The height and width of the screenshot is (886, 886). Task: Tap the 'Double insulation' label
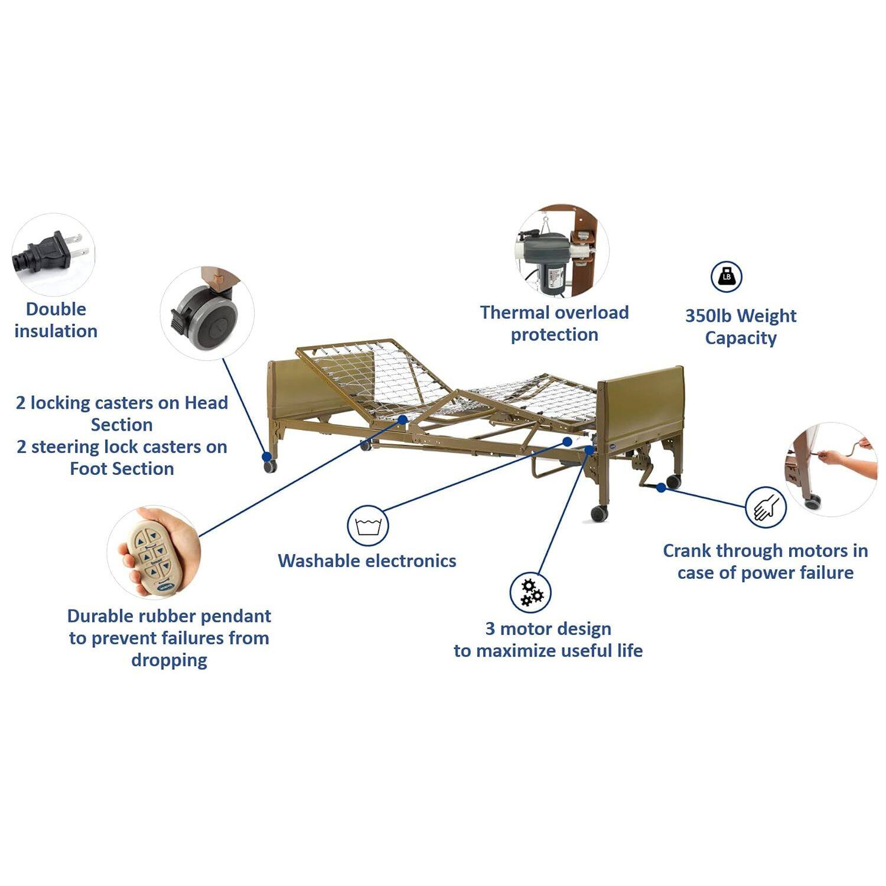[x=56, y=320]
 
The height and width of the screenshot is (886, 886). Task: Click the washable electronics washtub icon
[x=367, y=525]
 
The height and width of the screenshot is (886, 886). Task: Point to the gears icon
[x=530, y=592]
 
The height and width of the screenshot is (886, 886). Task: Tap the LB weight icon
[x=726, y=276]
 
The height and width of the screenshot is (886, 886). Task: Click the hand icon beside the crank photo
[x=766, y=507]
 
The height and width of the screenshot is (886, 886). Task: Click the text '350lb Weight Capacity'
[x=741, y=327]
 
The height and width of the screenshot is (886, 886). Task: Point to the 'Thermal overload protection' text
[x=554, y=323]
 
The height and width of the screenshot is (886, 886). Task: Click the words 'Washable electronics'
[x=367, y=561]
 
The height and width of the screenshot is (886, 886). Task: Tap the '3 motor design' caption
[x=548, y=640]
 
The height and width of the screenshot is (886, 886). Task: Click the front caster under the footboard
[x=600, y=513]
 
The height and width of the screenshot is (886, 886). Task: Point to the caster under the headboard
[x=271, y=467]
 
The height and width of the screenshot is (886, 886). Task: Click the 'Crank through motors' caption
[x=765, y=562]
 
